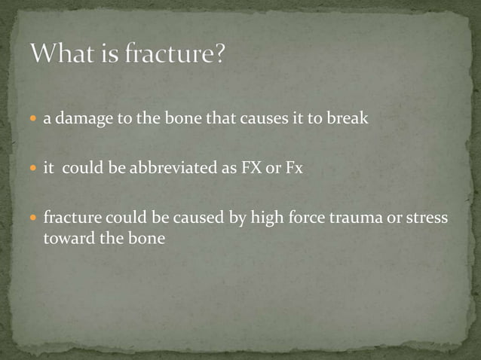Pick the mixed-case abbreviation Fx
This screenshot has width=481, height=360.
click(292, 169)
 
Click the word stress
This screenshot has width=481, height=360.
click(427, 218)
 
